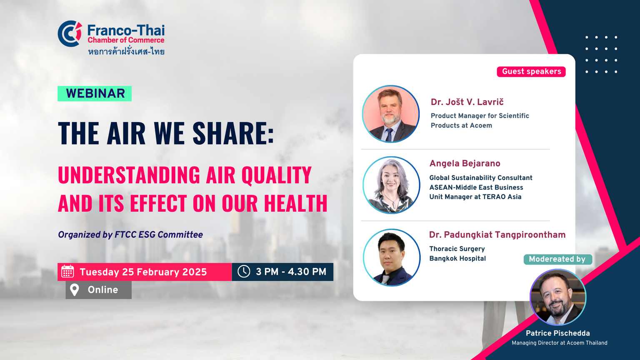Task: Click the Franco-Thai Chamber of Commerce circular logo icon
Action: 70,33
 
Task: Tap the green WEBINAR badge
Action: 95,94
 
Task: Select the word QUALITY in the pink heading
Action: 277,175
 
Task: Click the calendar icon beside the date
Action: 68,272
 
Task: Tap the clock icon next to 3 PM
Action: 244,271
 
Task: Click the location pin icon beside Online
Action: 75,290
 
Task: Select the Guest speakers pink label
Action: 531,71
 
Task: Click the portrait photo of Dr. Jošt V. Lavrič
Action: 391,114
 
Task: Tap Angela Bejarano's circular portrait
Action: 391,185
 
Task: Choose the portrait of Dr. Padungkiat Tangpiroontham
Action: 392,257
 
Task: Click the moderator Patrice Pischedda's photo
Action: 558,297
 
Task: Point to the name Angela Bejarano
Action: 465,163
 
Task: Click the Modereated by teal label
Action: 558,259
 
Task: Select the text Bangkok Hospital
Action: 457,258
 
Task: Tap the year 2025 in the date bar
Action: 194,272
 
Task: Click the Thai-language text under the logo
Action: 126,51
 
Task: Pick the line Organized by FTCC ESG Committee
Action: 130,235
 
